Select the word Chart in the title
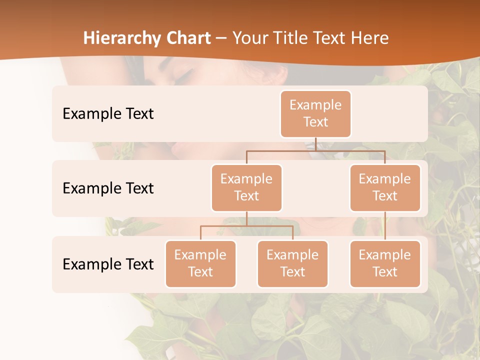pos(188,38)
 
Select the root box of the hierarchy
pos(315,114)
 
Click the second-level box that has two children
pos(246,188)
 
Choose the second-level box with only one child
pos(385,188)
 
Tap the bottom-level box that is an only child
pos(385,264)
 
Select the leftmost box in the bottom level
pos(200,264)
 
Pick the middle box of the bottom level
pos(292,264)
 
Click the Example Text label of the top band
pos(108,114)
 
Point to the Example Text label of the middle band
pos(108,188)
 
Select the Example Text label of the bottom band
pos(108,264)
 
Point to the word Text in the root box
pos(315,122)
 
